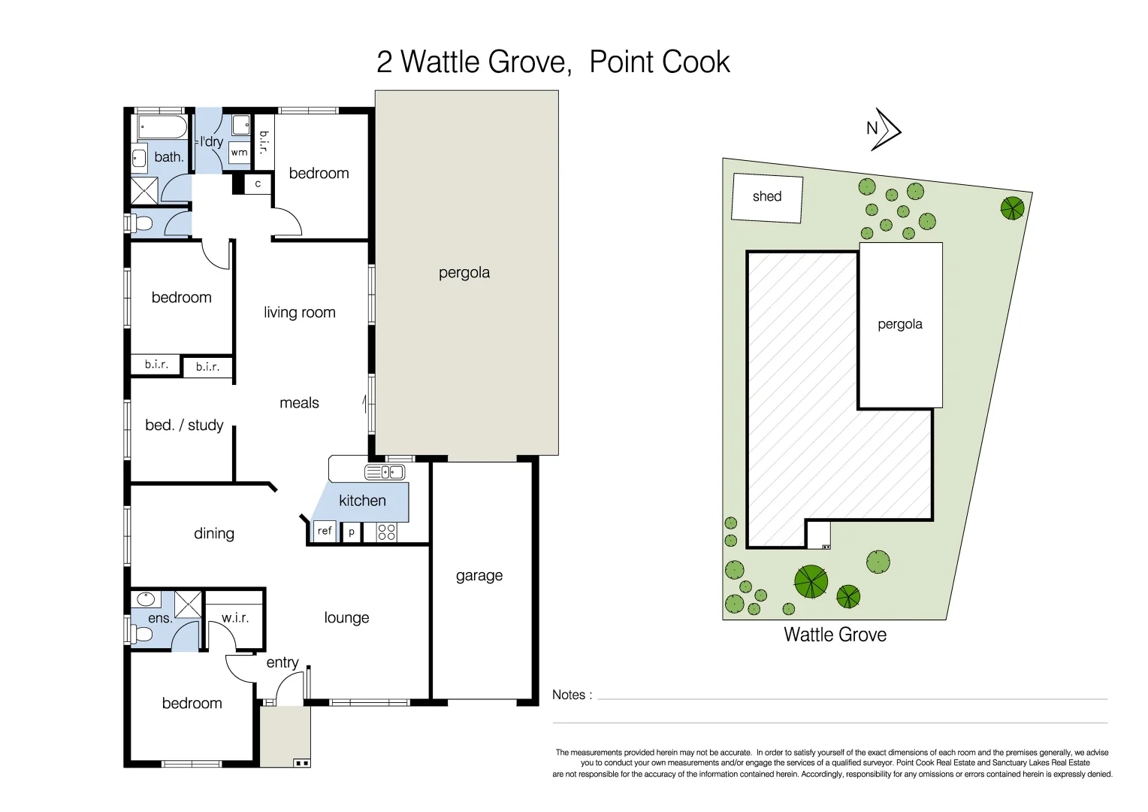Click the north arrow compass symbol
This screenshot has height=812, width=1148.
click(x=884, y=129)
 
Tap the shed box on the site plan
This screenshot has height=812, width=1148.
click(x=767, y=198)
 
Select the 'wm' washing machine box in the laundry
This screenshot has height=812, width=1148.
click(x=240, y=153)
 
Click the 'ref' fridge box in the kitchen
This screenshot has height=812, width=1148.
click(x=325, y=531)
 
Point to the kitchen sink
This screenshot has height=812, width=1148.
click(x=385, y=472)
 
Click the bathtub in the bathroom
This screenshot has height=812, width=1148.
click(x=162, y=127)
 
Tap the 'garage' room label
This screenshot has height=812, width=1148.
click(x=479, y=576)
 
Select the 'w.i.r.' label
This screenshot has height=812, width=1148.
click(x=235, y=618)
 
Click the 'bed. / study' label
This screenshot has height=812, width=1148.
click(x=184, y=426)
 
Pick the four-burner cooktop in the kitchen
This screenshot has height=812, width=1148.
click(x=386, y=532)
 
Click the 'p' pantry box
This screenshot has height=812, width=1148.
click(x=352, y=532)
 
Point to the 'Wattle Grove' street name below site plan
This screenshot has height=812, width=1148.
click(x=835, y=635)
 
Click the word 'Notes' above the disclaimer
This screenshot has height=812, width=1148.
click(x=569, y=695)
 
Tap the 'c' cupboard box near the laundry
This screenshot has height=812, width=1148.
click(x=258, y=184)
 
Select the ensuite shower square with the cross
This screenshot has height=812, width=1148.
click(x=188, y=604)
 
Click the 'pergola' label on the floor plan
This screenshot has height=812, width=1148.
click(x=464, y=273)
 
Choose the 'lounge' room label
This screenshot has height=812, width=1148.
click(x=346, y=618)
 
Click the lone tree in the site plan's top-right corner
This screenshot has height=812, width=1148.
click(x=1012, y=208)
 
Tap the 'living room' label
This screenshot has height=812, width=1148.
click(x=299, y=313)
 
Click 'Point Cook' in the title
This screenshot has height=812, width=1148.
click(x=659, y=62)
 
